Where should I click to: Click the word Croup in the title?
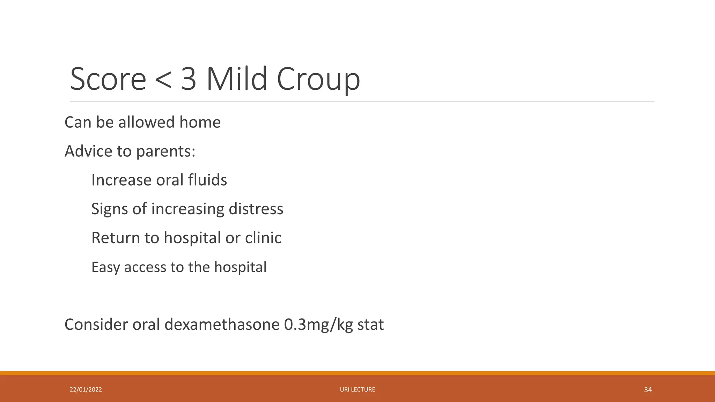318,79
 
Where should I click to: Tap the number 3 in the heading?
189,79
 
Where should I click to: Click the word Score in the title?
108,79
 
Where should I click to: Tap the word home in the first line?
200,122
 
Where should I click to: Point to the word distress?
256,209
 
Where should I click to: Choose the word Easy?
105,267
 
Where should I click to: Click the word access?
145,267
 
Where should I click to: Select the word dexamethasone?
222,325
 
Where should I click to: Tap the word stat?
370,325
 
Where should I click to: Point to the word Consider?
96,325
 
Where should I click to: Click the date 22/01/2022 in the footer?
86,389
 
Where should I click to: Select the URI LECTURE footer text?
357,389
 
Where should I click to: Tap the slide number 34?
648,389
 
